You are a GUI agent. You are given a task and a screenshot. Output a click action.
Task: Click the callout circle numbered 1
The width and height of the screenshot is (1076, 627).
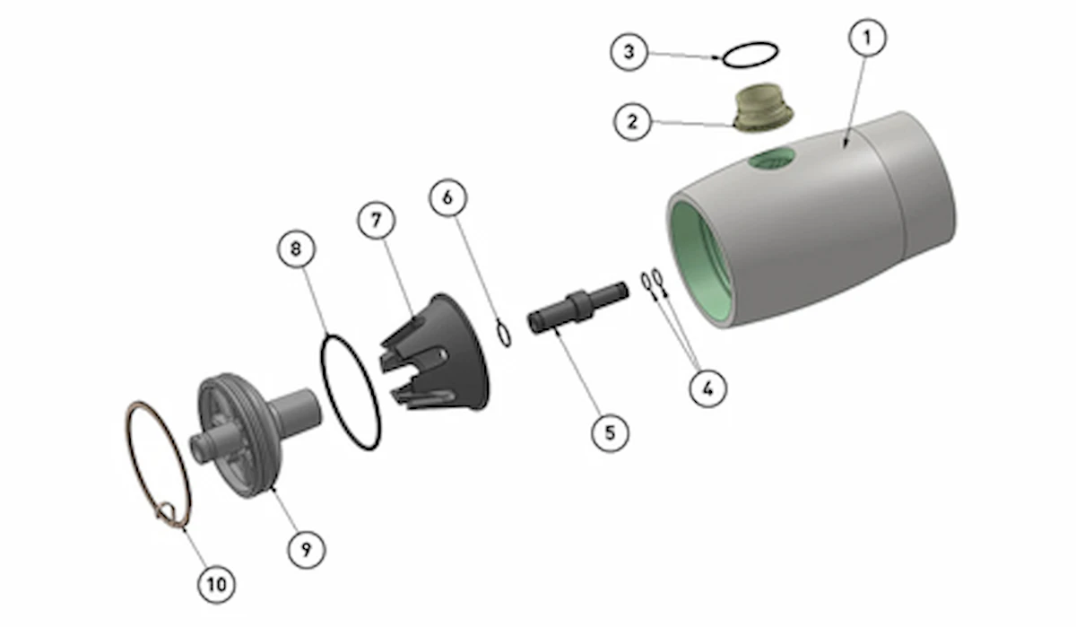tap(867, 39)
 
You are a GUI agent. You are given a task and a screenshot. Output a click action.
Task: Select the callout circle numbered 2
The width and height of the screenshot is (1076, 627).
tap(633, 121)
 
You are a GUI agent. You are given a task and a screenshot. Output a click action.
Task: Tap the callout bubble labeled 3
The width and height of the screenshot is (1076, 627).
tap(629, 52)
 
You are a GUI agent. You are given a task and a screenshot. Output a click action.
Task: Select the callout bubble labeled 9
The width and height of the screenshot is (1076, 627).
tap(307, 549)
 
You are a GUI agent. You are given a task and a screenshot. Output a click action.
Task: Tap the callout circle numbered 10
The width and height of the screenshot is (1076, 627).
tap(216, 585)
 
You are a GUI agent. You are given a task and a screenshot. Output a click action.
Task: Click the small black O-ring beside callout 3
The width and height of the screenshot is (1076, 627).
tap(750, 54)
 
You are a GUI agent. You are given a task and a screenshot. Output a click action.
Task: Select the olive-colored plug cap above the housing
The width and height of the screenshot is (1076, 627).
tap(761, 109)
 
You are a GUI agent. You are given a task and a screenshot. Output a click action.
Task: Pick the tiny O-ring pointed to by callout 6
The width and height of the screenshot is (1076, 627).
tap(504, 334)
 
